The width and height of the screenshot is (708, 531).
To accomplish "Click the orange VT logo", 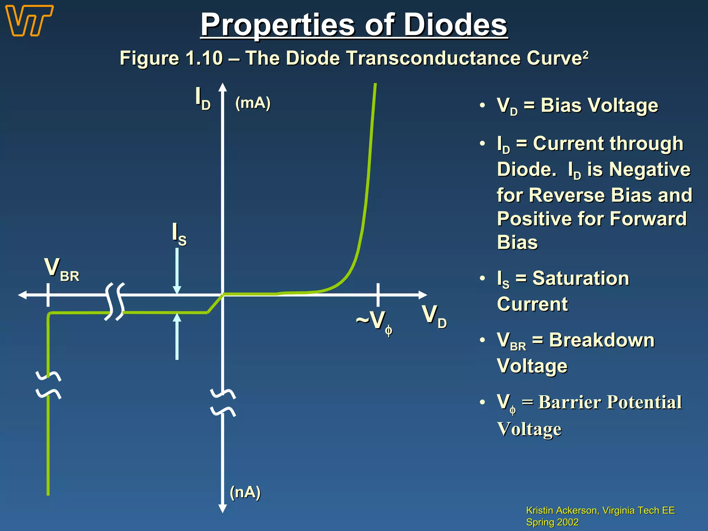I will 29,21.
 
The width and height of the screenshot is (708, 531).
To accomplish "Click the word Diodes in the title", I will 455,25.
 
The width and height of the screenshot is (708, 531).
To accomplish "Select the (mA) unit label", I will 253,103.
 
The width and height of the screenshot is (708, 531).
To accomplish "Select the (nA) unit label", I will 245,492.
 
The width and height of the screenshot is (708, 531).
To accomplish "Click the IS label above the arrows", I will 179,234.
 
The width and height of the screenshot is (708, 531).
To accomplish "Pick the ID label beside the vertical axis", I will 203,98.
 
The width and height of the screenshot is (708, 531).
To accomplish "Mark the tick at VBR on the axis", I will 48,295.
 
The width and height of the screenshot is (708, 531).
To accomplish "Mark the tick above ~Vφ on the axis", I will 378,295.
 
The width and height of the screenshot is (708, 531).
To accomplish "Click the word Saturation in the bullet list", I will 581,278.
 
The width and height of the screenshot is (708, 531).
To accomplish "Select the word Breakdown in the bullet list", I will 602,340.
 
